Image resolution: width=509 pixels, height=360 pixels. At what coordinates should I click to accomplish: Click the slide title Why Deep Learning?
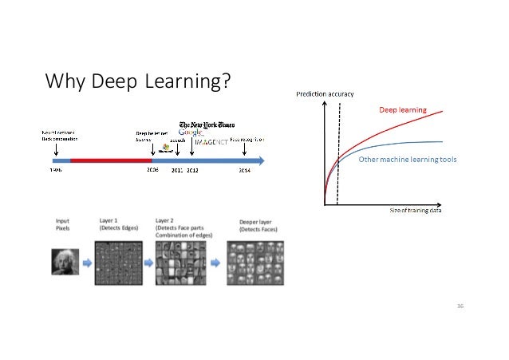138,81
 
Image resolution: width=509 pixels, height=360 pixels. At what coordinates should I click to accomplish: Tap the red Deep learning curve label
402,109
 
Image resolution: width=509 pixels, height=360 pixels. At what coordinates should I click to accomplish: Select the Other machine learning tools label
407,160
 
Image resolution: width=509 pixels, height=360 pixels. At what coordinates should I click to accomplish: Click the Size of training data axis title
415,210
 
